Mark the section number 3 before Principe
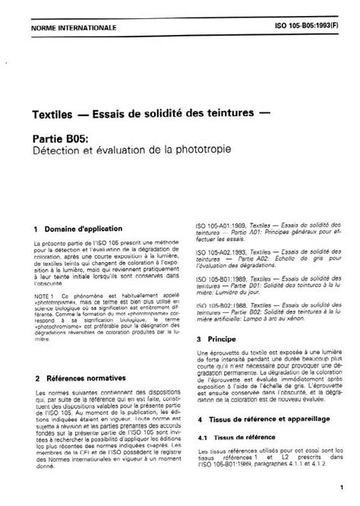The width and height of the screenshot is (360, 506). click(198, 339)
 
